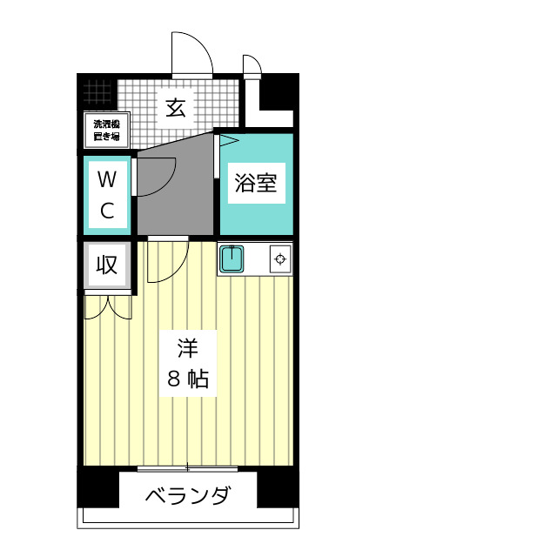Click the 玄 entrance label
point(175,108)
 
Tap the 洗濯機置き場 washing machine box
point(106,130)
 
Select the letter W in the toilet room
point(106,180)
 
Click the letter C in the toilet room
point(106,210)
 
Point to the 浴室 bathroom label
point(256,184)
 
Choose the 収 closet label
point(107,265)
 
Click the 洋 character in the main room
point(187,350)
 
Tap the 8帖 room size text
point(187,379)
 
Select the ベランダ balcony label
point(188,497)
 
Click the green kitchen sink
point(232,259)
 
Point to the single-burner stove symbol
point(280,258)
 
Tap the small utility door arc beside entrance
point(252,66)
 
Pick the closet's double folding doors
point(108,306)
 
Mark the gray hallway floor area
point(174,196)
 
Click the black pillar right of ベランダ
point(278,489)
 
